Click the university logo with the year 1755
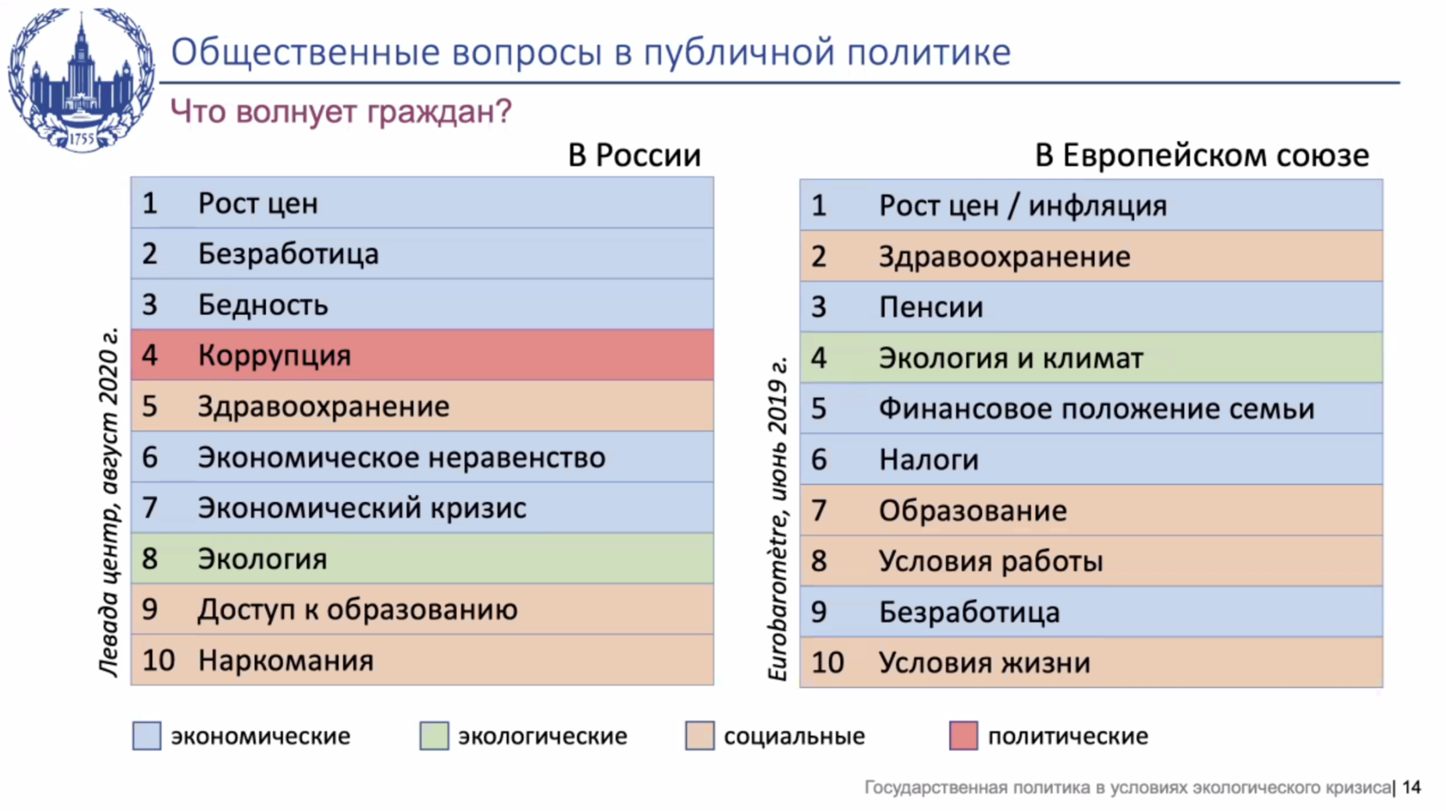(81, 80)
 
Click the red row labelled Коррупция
(422, 355)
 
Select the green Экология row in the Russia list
(422, 559)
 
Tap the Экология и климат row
(1091, 358)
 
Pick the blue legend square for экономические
(146, 736)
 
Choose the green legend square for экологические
(434, 736)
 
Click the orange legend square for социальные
(700, 736)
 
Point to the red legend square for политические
(963, 736)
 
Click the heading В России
(634, 156)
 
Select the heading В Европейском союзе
(1202, 156)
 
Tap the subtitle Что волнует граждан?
(341, 112)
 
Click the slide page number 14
(1412, 787)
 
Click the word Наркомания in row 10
(286, 660)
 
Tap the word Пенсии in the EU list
(931, 307)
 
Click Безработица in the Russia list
(288, 254)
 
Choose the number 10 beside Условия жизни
(828, 663)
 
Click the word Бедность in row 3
(263, 305)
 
